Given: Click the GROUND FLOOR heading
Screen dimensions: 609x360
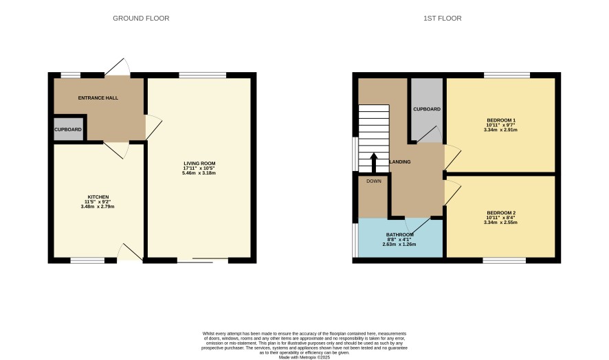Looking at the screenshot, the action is [x=141, y=19].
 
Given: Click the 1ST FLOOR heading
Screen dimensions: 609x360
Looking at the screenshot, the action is [x=443, y=19].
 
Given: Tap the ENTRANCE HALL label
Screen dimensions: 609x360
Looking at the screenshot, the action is [x=98, y=98].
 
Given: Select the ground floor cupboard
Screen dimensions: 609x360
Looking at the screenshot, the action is [x=68, y=129].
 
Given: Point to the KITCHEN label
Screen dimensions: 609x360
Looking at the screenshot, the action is [x=98, y=197].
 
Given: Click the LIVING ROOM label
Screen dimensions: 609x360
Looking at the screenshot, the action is [x=199, y=164].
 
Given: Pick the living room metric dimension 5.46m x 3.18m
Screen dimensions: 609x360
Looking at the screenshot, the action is [x=199, y=173].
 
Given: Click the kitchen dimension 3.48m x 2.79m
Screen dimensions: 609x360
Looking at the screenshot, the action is [x=98, y=207].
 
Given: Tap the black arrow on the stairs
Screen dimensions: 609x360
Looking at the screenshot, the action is [x=374, y=163].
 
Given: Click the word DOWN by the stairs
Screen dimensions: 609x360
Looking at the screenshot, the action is [x=374, y=181].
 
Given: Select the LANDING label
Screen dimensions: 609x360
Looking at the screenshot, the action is [x=400, y=162].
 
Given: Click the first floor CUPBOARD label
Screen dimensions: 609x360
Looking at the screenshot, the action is [x=427, y=109].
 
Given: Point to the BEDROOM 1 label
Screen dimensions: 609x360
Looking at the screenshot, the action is [x=501, y=120].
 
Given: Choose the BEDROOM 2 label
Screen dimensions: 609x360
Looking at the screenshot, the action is [x=501, y=213].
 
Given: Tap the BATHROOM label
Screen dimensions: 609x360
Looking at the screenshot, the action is [x=399, y=235].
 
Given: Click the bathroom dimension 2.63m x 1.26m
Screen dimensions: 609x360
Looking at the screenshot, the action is [x=399, y=245].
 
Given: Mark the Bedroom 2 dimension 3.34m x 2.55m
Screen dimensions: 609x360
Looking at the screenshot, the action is [x=500, y=223].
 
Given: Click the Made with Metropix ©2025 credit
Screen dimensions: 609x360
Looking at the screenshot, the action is [x=304, y=357].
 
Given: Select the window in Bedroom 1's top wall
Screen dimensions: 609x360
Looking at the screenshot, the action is [x=507, y=75].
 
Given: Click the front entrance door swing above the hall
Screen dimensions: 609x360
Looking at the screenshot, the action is [x=118, y=67].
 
